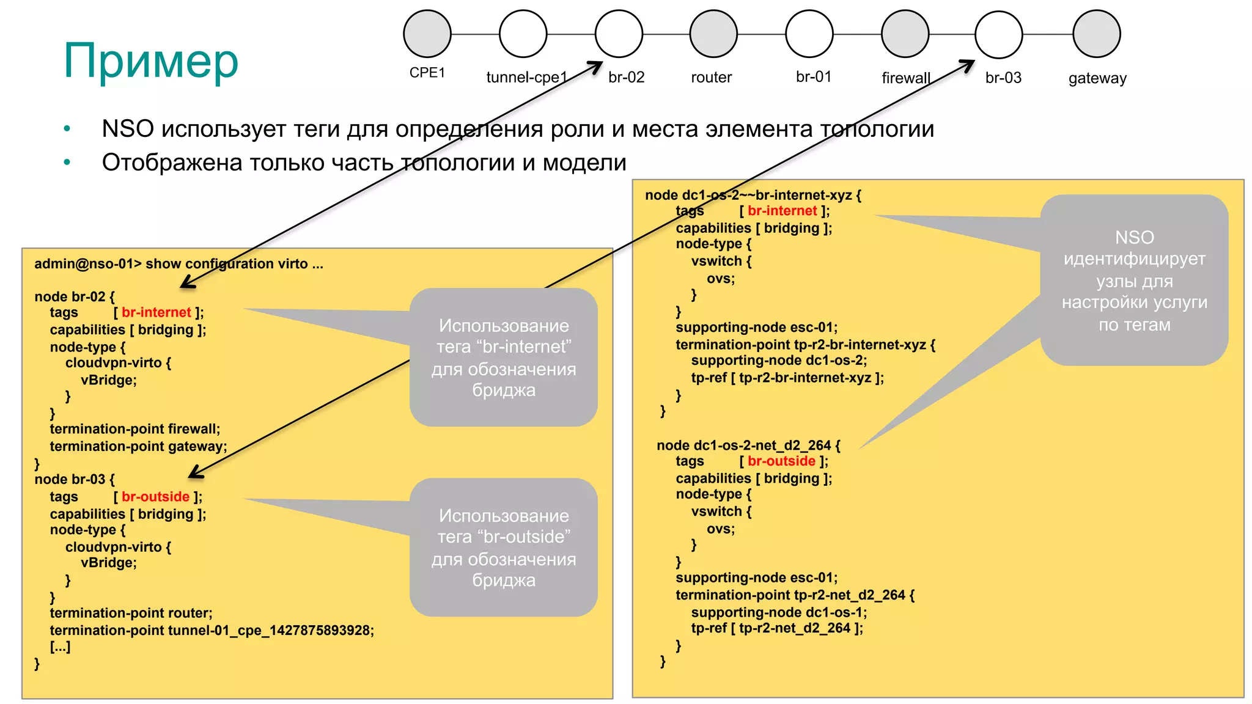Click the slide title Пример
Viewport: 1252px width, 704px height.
tap(151, 61)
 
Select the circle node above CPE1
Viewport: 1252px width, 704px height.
tap(427, 34)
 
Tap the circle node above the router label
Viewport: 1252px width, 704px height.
tap(713, 34)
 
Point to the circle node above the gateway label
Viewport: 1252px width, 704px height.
tap(1097, 34)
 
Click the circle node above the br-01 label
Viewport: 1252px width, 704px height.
tap(809, 34)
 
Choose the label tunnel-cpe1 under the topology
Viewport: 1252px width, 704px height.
tap(526, 78)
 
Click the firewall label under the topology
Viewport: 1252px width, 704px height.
tap(905, 78)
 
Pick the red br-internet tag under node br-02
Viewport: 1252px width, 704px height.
tap(156, 312)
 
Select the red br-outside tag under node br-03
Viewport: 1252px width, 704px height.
tap(155, 497)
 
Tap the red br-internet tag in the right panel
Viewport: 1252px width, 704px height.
tap(782, 211)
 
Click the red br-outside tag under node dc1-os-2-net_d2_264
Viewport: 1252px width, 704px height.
tap(781, 461)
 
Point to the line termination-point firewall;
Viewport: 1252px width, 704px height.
tap(134, 429)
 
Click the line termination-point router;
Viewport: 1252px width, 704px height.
tap(131, 613)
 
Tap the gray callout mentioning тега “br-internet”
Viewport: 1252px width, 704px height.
tap(503, 358)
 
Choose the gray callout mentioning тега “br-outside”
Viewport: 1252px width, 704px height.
tap(503, 548)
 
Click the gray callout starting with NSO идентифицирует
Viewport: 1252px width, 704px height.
tap(1134, 280)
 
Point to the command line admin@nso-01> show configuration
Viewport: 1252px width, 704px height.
tap(179, 264)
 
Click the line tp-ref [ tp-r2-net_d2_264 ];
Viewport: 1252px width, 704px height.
tap(776, 628)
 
